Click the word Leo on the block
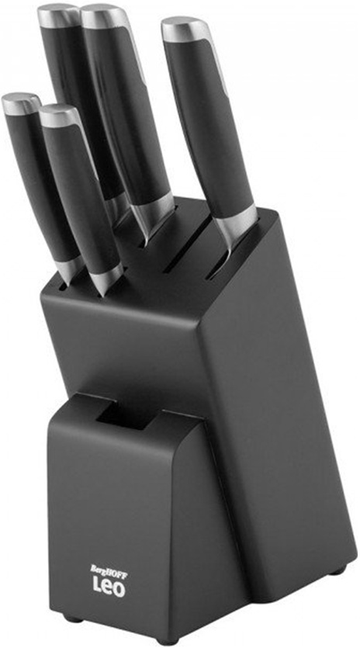tap(109, 587)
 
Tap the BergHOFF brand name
tap(109, 571)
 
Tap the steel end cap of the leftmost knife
tap(21, 103)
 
